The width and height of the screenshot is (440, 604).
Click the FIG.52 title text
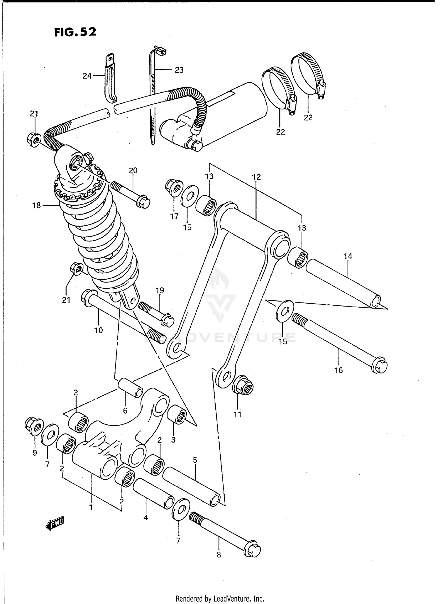(75, 32)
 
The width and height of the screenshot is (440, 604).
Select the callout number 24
(87, 76)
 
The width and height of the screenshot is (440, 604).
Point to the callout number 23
(179, 70)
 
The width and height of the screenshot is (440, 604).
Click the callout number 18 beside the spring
(37, 206)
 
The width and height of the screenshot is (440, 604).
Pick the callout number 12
(256, 177)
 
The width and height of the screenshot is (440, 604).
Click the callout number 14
(348, 256)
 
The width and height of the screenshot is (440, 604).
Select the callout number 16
(339, 370)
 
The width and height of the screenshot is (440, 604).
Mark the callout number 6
(125, 411)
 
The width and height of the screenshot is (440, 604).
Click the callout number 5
(195, 460)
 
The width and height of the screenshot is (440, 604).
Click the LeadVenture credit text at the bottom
(220, 598)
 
